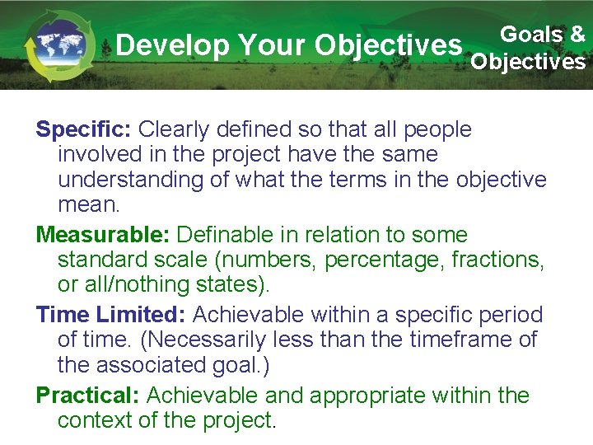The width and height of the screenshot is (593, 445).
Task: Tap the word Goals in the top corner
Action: click(532, 34)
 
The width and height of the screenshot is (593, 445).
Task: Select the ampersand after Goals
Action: click(577, 34)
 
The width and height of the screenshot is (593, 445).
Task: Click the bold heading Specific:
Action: click(83, 129)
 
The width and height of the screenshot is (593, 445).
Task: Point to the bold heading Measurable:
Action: click(103, 236)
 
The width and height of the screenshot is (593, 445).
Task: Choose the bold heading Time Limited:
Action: click(111, 315)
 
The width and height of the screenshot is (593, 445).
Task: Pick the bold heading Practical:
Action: click(87, 395)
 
